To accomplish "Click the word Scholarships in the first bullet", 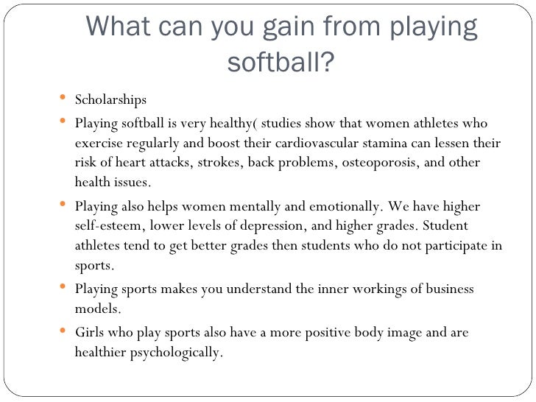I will click(x=110, y=100).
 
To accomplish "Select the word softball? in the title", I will click(x=281, y=64).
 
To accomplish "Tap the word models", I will click(x=95, y=308).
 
